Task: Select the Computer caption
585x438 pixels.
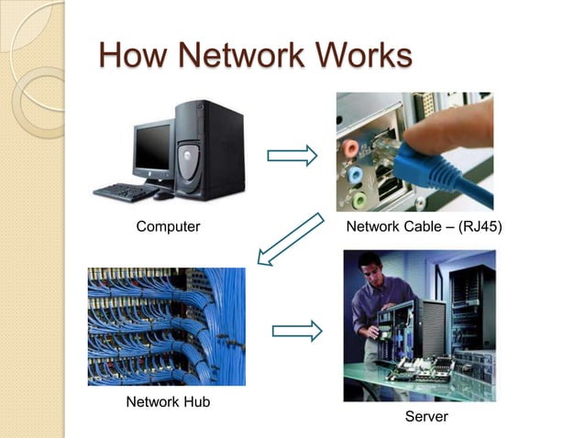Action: [168, 226]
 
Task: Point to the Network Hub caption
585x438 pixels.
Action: [161, 401]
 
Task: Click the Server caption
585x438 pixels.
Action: [426, 417]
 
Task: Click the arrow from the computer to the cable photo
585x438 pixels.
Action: [292, 156]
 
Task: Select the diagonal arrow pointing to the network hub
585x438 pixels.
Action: [291, 239]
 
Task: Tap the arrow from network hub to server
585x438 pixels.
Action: [297, 330]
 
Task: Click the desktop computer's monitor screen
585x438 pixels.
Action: [152, 148]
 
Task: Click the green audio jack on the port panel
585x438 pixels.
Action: [359, 197]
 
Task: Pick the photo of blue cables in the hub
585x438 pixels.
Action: [166, 326]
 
